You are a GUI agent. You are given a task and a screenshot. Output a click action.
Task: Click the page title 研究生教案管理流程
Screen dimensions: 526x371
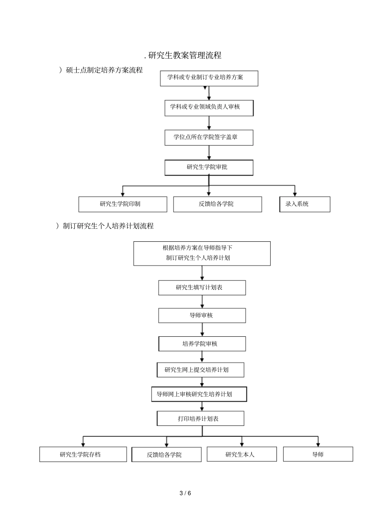(x=183, y=56)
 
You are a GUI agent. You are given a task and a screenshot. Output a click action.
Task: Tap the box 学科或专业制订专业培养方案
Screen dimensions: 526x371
(x=209, y=78)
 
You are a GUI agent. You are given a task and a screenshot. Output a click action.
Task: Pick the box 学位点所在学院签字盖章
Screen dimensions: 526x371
(x=209, y=138)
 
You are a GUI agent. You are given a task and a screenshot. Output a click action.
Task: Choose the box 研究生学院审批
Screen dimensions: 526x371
(x=209, y=167)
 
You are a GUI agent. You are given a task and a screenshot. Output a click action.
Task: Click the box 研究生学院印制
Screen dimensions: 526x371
(x=123, y=204)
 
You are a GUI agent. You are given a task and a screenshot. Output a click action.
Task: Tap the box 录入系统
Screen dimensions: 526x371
(x=305, y=204)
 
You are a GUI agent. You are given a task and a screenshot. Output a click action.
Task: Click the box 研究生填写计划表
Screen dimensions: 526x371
(x=202, y=287)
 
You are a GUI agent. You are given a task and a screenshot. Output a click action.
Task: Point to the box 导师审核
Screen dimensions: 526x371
(x=202, y=316)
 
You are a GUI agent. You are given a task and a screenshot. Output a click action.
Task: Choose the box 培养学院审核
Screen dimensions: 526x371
(x=202, y=344)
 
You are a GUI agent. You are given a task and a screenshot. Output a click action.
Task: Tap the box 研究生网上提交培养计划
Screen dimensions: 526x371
(x=200, y=370)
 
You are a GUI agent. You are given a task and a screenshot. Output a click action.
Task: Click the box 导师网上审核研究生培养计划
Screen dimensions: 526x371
(x=199, y=394)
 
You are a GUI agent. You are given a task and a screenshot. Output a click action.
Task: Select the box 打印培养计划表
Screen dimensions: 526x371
(x=200, y=418)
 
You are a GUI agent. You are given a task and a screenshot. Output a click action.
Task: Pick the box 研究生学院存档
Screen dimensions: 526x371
(x=83, y=454)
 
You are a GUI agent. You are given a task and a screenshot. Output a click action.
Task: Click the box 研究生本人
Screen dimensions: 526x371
(x=242, y=454)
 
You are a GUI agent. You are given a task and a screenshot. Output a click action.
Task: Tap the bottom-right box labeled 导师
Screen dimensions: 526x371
(x=318, y=454)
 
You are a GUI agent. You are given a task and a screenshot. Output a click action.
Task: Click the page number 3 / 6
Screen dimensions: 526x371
(x=185, y=493)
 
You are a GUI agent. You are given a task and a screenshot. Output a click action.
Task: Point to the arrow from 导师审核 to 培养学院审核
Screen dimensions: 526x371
(x=202, y=330)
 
